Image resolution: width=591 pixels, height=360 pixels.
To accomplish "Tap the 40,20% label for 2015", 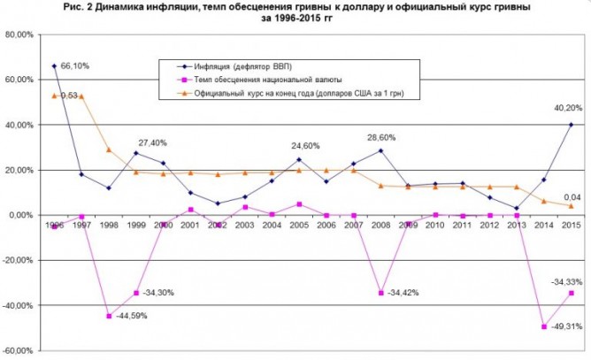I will (x=556, y=110).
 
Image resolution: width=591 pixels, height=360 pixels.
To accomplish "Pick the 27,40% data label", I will (x=152, y=142).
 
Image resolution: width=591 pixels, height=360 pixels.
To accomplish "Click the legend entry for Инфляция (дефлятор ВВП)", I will (x=240, y=67).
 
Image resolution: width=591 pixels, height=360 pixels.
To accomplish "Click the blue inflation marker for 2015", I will (x=572, y=125).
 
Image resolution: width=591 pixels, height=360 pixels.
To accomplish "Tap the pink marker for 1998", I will (x=109, y=316).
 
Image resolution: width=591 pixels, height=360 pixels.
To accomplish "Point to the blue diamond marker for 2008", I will (x=381, y=150).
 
